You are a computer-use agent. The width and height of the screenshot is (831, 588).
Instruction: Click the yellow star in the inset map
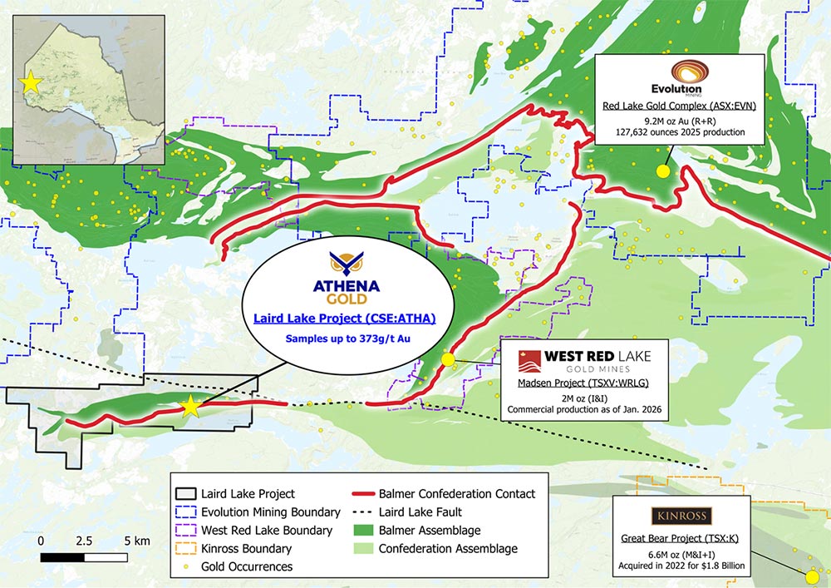30,83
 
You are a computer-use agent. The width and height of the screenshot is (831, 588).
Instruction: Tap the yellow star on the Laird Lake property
190,406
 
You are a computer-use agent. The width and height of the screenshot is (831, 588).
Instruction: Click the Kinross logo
681,517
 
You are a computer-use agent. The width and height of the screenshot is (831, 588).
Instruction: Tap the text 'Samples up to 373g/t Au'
347,338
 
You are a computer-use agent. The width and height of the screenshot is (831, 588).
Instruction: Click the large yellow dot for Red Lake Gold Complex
663,171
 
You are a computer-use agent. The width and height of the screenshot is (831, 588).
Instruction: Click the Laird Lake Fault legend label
420,511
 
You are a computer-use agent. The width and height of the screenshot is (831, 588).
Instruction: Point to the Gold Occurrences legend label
253,566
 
